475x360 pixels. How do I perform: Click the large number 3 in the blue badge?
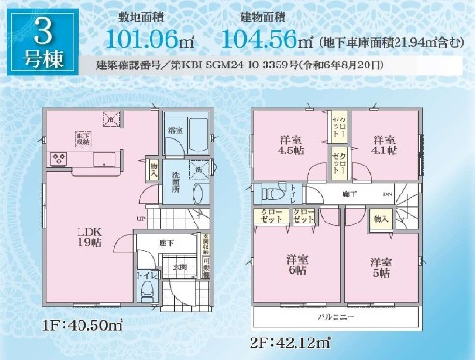click(x=41, y=31)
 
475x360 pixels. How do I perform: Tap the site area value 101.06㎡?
click(x=150, y=38)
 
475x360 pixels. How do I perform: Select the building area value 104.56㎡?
click(x=267, y=38)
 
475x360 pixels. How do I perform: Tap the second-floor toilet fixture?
click(x=272, y=194)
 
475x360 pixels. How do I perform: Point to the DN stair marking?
click(x=387, y=194)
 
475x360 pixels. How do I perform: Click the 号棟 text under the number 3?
click(x=41, y=61)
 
